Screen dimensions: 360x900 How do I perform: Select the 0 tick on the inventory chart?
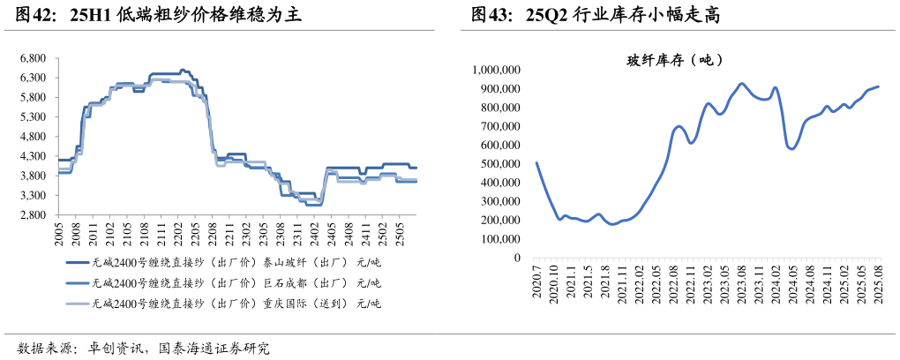point(517,259)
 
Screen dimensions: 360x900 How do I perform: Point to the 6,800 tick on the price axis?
point(33,58)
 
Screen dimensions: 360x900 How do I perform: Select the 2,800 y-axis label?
point(33,215)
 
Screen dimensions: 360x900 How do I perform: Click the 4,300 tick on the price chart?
point(33,156)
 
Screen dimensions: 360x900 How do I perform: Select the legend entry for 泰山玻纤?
point(224,262)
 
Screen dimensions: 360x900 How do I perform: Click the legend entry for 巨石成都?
point(224,283)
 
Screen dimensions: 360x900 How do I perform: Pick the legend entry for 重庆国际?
point(224,304)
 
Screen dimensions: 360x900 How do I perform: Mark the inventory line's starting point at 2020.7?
point(536,162)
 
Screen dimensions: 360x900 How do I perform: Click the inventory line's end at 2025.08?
point(878,86)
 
